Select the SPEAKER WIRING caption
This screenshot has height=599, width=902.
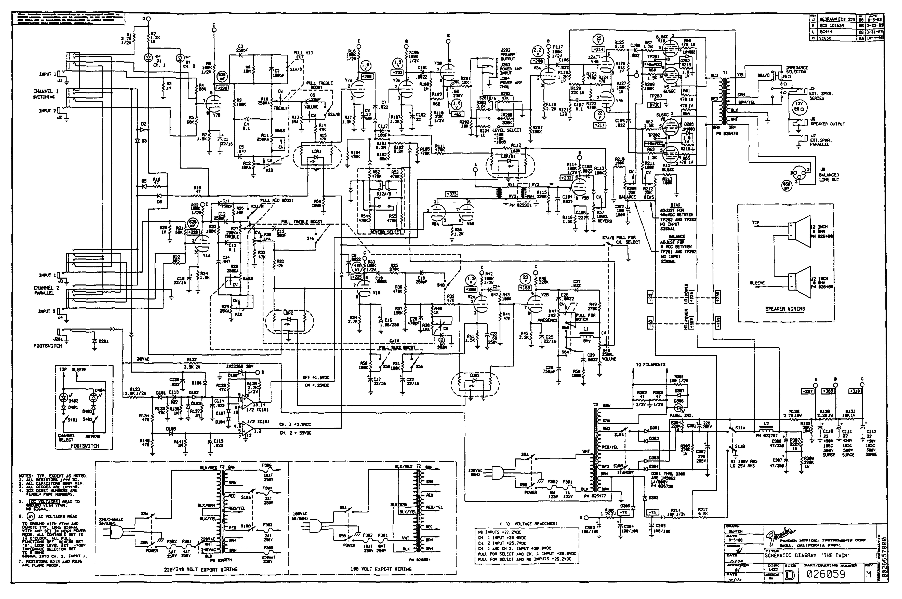click(x=785, y=309)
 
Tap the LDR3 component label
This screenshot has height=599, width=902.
click(x=474, y=376)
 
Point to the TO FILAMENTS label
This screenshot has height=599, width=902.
click(x=650, y=364)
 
